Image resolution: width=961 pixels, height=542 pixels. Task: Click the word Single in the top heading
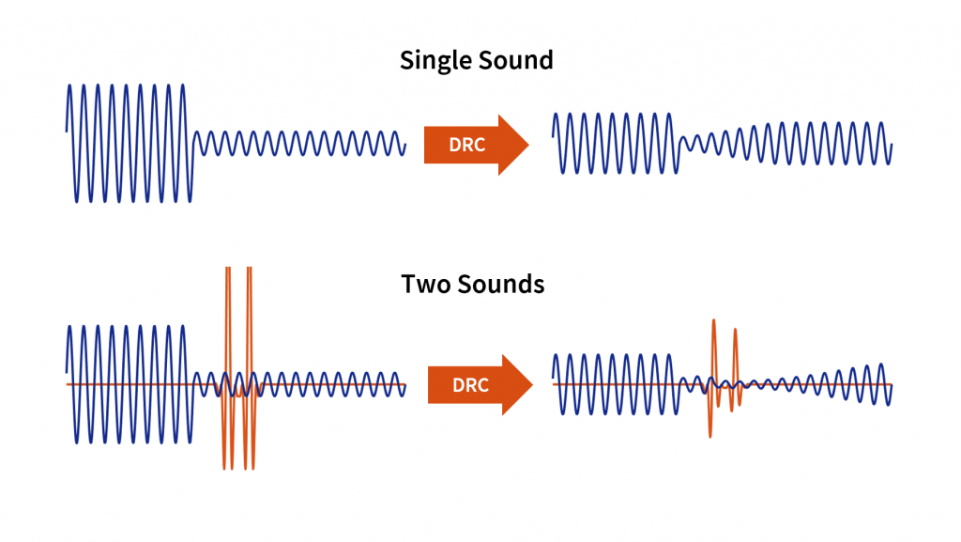435,61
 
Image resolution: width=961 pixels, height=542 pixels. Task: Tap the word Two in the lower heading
423,284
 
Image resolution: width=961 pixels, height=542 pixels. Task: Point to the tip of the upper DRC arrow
528,145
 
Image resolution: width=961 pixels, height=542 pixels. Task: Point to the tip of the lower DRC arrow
532,385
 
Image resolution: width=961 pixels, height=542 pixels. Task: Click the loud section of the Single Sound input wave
130,143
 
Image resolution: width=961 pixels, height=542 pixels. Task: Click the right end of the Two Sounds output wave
889,388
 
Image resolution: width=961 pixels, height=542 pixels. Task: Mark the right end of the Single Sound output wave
889,147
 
